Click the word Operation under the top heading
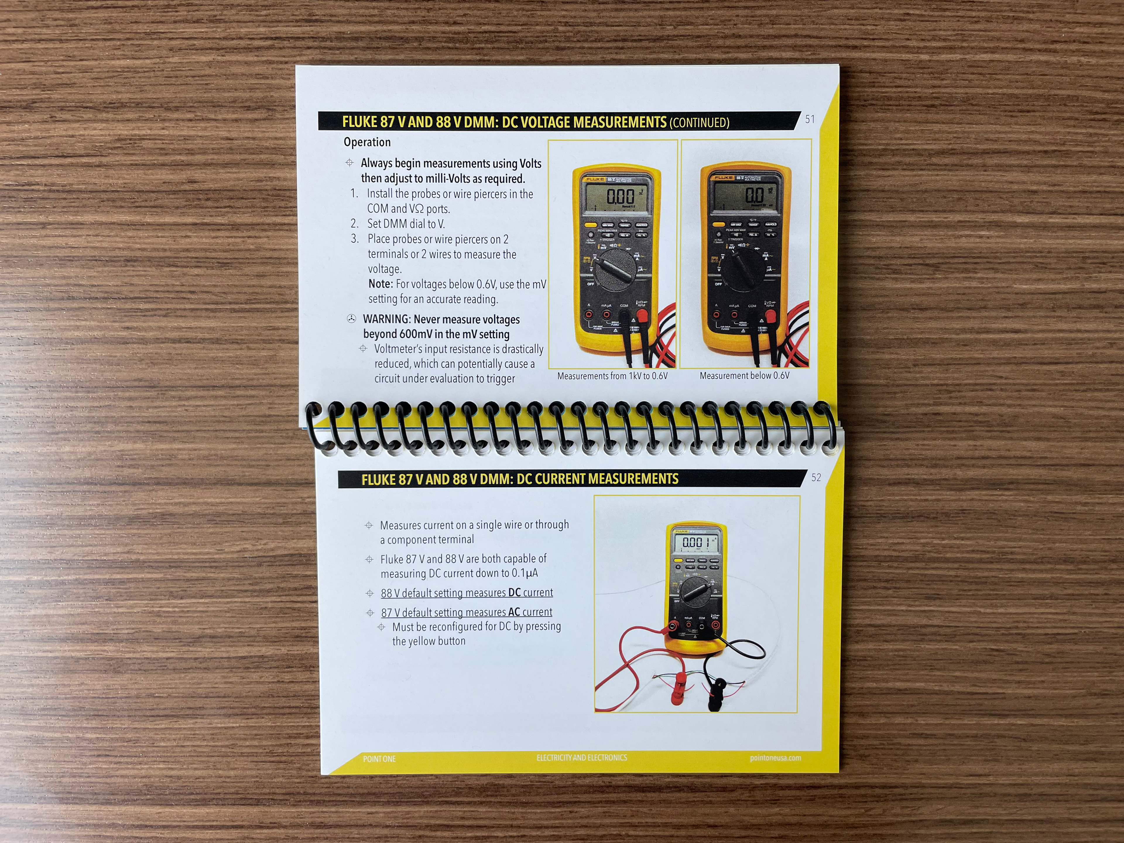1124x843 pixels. [x=367, y=142]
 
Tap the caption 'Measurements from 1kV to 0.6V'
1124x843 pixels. [x=612, y=376]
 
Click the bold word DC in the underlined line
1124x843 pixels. [x=514, y=592]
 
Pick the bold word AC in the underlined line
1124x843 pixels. [x=514, y=612]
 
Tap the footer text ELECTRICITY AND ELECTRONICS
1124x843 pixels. [x=582, y=758]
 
